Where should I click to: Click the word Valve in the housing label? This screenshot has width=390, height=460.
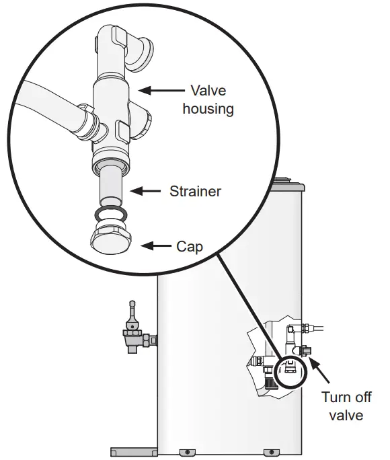[x=209, y=90]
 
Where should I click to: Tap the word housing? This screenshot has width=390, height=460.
[x=208, y=108]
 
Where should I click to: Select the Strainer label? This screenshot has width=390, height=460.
[x=195, y=192]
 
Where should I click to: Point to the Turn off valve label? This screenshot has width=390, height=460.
[x=346, y=406]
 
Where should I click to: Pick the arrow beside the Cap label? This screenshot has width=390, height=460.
[x=156, y=246]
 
